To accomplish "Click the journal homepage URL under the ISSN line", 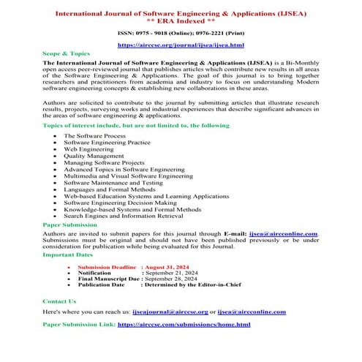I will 181,45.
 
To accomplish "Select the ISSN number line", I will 181,33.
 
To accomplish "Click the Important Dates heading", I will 67,256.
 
